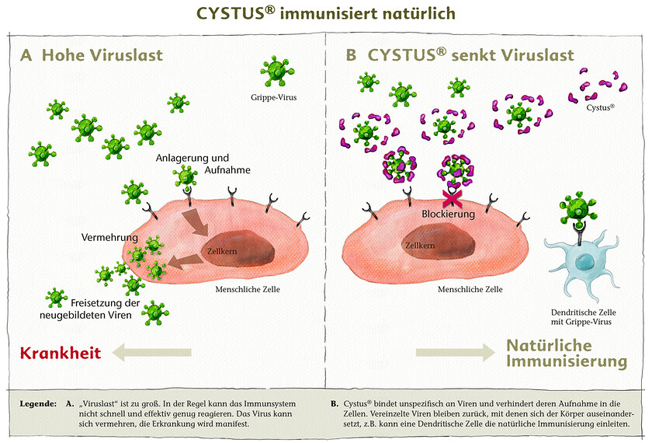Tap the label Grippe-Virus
pyautogui.click(x=280, y=98)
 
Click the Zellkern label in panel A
pyautogui.click(x=221, y=251)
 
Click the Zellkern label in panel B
pyautogui.click(x=419, y=244)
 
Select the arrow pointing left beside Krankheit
pyautogui.click(x=151, y=354)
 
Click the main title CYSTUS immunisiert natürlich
pyautogui.click(x=325, y=13)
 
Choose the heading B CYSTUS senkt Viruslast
pyautogui.click(x=460, y=55)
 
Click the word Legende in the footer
pyautogui.click(x=36, y=404)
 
